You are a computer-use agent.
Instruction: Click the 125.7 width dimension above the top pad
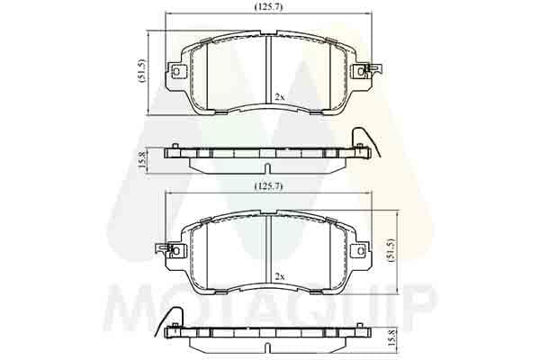pyautogui.click(x=268, y=7)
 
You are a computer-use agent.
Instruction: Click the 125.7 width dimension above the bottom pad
pyautogui.click(x=268, y=186)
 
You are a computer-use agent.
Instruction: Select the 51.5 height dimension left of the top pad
pyautogui.click(x=142, y=70)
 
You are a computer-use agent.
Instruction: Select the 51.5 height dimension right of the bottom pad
pyautogui.click(x=391, y=250)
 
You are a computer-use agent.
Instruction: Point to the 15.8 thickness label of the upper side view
pyautogui.click(x=142, y=160)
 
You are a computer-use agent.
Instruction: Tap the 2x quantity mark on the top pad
pyautogui.click(x=280, y=97)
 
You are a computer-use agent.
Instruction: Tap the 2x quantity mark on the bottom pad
pyautogui.click(x=280, y=276)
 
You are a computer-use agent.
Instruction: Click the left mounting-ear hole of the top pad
pyautogui.click(x=176, y=72)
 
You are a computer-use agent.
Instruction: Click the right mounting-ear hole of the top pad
pyautogui.click(x=361, y=72)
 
